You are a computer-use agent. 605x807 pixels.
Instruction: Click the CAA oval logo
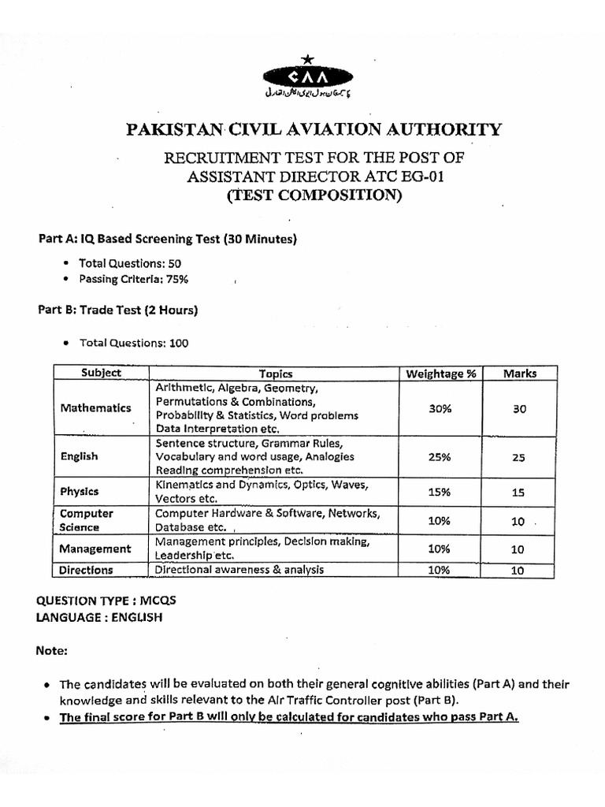[308, 76]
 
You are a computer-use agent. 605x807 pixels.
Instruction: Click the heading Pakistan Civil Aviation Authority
[313, 129]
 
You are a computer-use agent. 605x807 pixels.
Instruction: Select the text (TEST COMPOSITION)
[314, 195]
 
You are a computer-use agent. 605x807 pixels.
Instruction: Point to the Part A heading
[168, 239]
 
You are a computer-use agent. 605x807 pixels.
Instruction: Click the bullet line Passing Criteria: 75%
[133, 279]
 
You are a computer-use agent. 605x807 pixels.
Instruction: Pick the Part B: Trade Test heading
[117, 310]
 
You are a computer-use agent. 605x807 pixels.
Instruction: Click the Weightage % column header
[440, 374]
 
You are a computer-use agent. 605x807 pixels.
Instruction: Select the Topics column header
[276, 374]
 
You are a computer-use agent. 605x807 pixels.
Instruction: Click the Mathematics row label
[95, 408]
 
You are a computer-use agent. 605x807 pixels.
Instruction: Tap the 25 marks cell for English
[518, 457]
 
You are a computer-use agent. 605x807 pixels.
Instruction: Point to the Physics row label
[80, 491]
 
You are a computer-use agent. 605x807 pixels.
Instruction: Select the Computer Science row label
[87, 520]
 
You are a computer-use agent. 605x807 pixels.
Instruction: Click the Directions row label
[87, 570]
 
